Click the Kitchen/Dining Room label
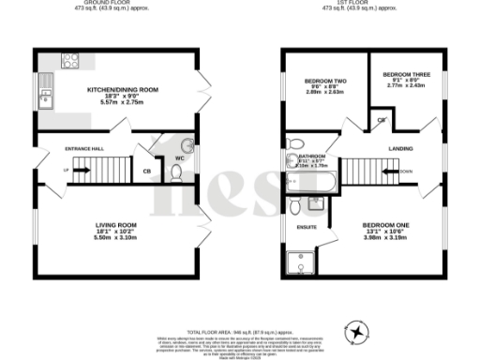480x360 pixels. point(123,89)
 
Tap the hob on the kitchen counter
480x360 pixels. point(69,60)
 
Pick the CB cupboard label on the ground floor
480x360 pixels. point(147,172)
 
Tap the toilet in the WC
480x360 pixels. point(187,145)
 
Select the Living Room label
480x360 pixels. point(116,225)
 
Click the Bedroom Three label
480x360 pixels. point(405,72)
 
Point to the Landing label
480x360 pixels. point(403,148)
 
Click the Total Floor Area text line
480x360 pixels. point(240,332)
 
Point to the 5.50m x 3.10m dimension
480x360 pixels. point(116,238)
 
